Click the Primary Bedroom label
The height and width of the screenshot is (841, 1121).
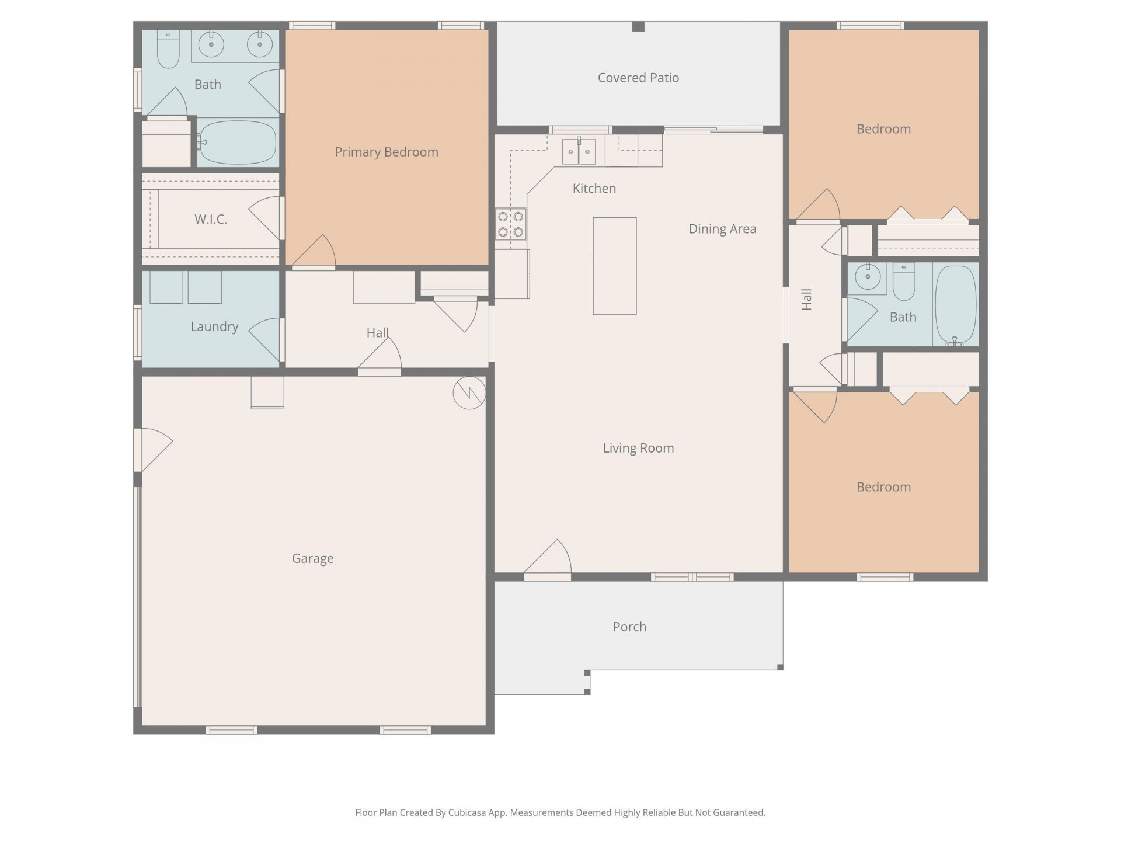coord(387,152)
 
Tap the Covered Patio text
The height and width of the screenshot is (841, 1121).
coord(638,78)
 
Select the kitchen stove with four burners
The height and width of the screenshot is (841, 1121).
coord(510,224)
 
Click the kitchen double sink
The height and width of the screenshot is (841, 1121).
coord(579,152)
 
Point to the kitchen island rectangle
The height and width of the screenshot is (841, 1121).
coord(615,266)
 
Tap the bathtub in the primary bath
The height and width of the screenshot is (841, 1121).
coord(237,143)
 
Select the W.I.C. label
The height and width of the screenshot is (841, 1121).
coord(211,219)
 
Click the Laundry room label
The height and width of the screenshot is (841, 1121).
coord(214,326)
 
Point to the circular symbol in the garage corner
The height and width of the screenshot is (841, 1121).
coord(469,393)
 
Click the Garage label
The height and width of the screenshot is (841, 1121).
coord(313,558)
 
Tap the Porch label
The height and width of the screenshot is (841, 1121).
coord(629,627)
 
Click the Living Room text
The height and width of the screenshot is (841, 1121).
coord(638,448)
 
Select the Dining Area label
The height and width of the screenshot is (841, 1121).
coord(722,229)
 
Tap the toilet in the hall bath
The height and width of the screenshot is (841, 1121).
coord(904,281)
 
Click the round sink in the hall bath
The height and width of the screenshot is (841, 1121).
coord(868,277)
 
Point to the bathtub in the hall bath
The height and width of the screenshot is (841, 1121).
coord(955,305)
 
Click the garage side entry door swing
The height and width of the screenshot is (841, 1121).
coord(154,450)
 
